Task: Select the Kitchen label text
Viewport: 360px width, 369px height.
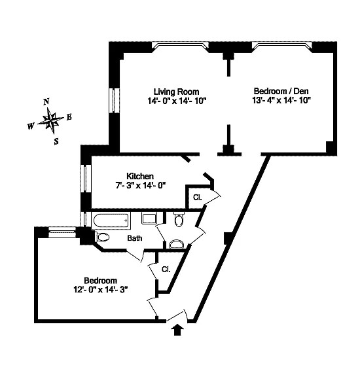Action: tap(139, 176)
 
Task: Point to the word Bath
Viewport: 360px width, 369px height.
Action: tap(134, 238)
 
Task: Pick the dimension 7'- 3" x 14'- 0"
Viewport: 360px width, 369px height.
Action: tap(139, 186)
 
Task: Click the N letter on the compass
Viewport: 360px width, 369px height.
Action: tap(46, 102)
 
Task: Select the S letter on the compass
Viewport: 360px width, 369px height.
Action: tap(56, 140)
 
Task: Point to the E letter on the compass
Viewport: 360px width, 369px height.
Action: tap(69, 118)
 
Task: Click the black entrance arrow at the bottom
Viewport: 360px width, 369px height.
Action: tap(176, 330)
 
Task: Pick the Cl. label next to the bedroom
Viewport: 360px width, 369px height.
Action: tap(166, 268)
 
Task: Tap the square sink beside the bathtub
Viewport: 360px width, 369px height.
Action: tap(149, 219)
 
